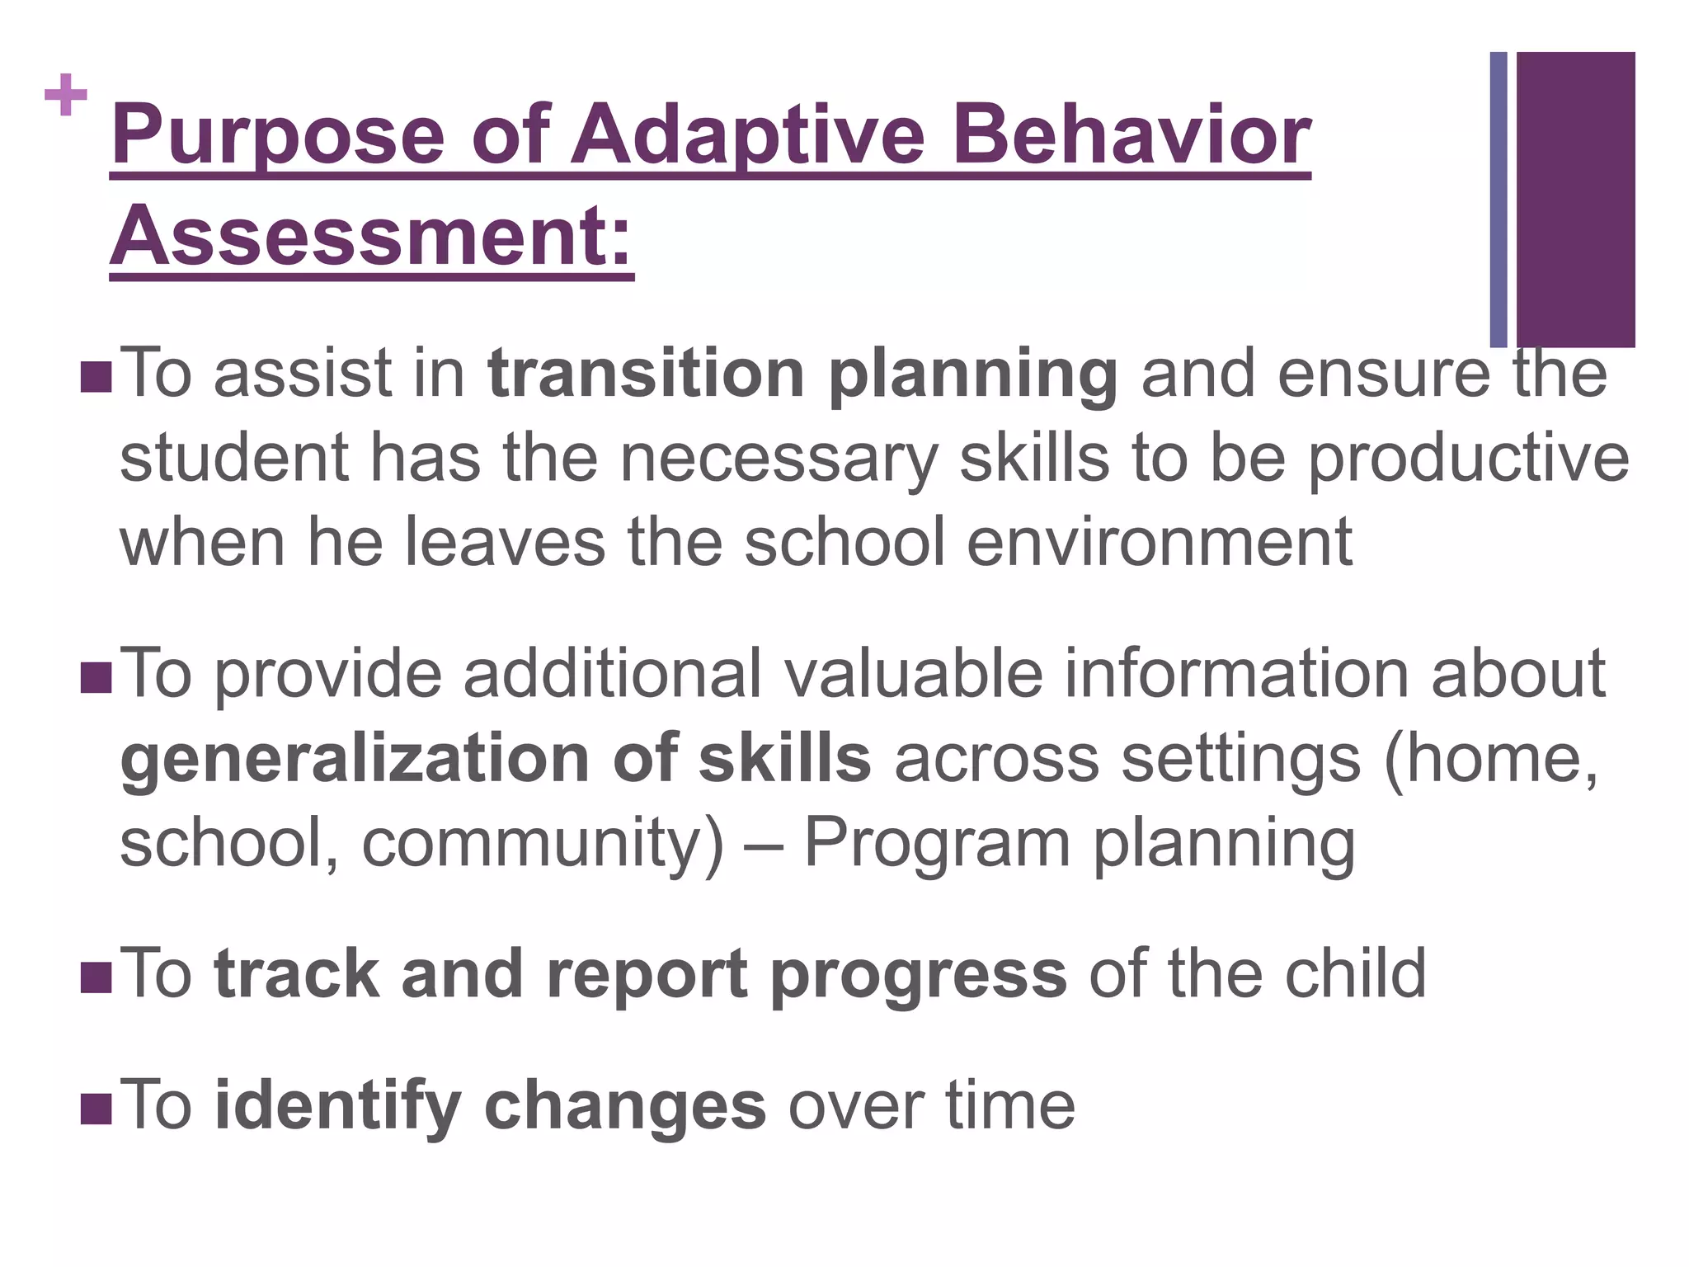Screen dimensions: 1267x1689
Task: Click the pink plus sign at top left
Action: (66, 96)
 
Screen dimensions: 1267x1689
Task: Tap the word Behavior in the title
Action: (1130, 134)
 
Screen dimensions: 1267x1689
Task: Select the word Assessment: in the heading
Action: (371, 235)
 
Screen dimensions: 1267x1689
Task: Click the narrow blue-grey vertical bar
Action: (1498, 199)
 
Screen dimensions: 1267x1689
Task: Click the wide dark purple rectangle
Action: (1575, 199)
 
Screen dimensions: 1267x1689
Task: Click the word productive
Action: (1468, 459)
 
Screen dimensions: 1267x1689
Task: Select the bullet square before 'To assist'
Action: (96, 377)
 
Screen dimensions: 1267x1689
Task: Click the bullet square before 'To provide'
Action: (96, 677)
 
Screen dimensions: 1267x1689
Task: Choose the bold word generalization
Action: (355, 760)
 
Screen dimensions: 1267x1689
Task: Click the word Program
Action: (936, 844)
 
